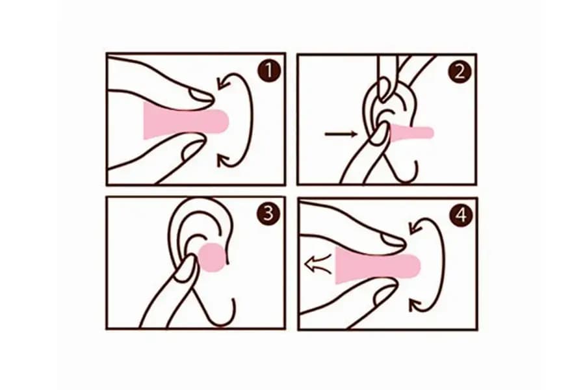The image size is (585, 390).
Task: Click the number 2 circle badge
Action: [x=459, y=71]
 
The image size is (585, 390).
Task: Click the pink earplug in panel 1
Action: [x=185, y=122]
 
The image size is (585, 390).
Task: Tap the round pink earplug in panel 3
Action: [x=213, y=257]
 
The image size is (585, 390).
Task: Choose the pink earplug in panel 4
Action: [x=378, y=266]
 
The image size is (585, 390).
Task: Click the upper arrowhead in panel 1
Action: [x=224, y=83]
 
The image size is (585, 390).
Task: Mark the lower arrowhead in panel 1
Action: [x=224, y=161]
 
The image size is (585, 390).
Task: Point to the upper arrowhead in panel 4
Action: [x=415, y=226]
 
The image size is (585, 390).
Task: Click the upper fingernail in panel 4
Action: [x=392, y=239]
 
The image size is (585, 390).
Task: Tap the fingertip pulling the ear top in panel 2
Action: [x=384, y=90]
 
